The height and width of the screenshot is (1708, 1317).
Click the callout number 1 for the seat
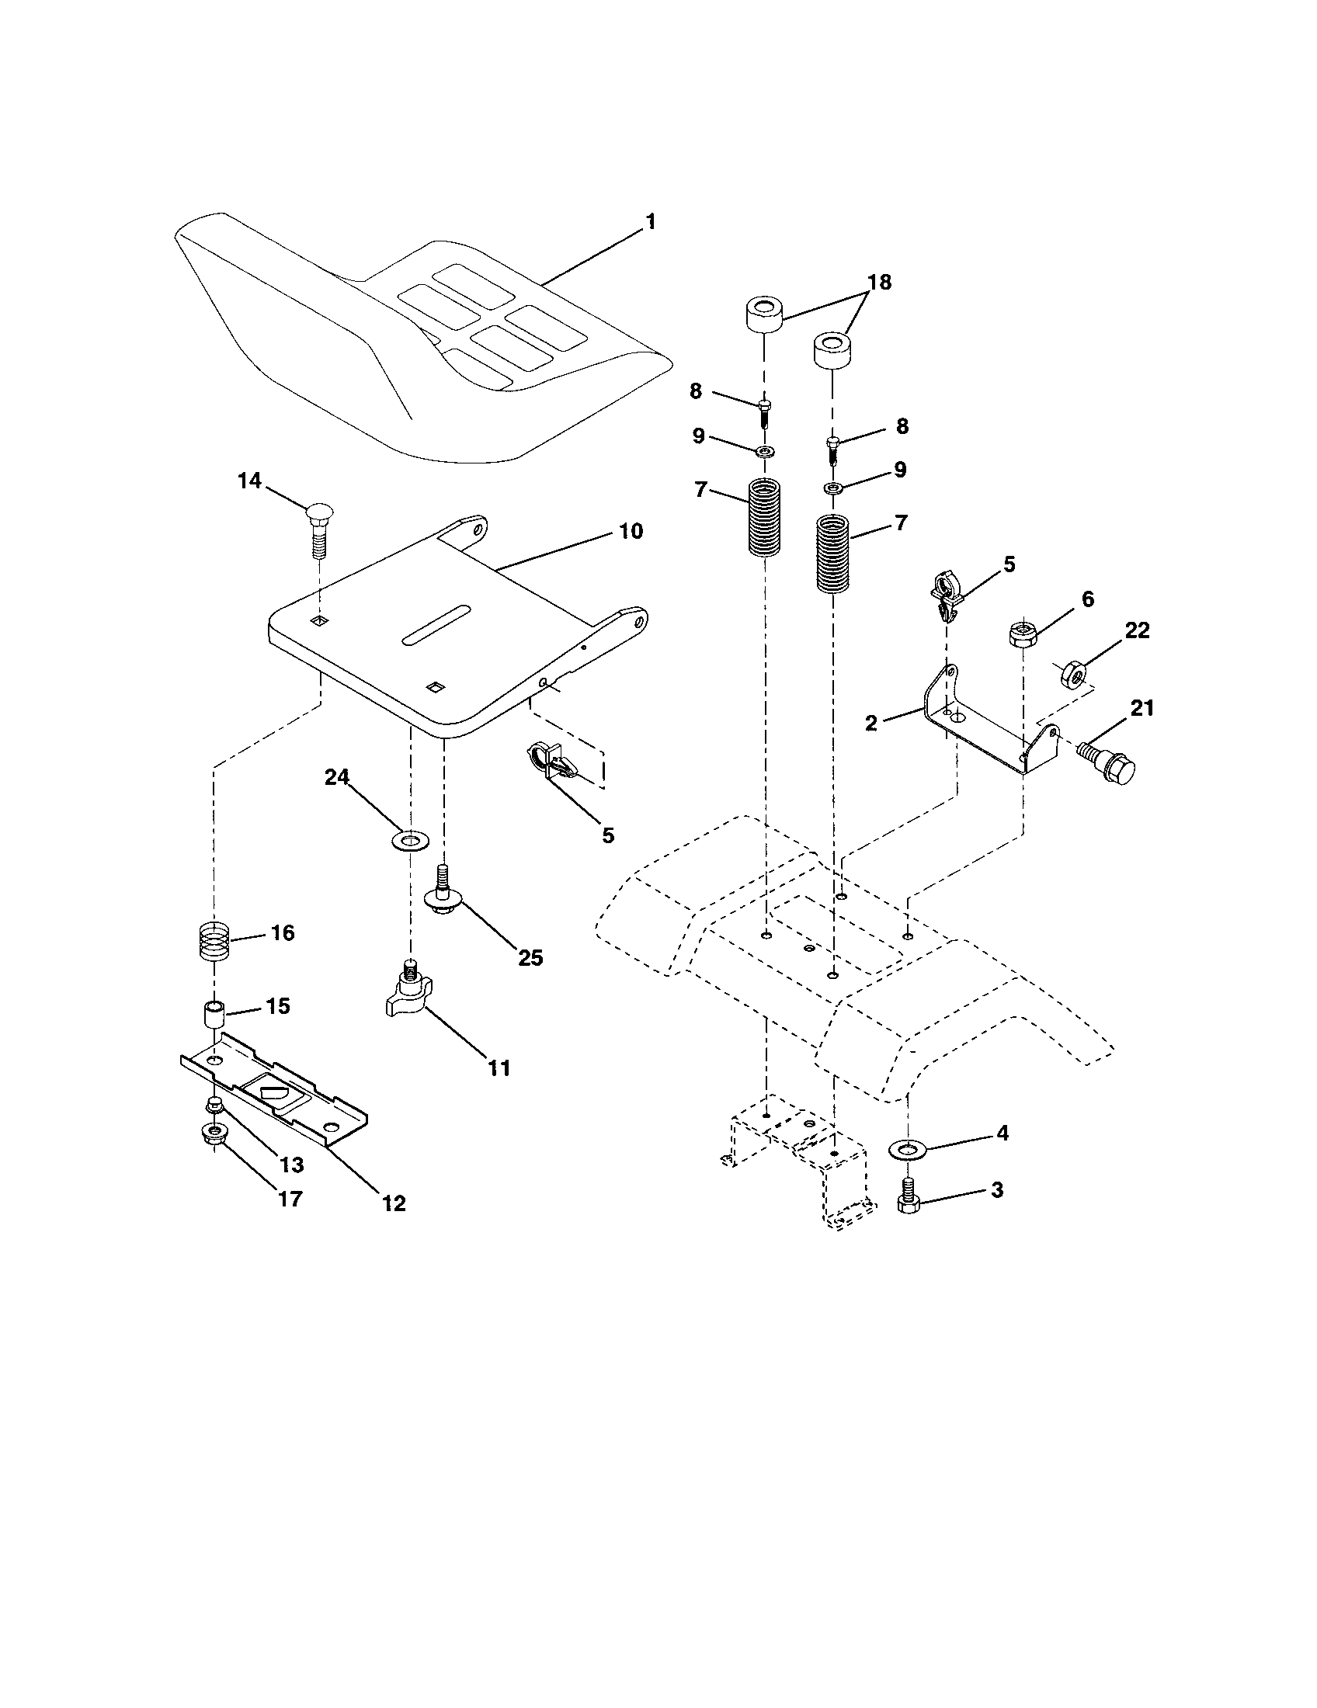click(x=650, y=222)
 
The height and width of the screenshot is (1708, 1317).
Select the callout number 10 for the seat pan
click(x=631, y=532)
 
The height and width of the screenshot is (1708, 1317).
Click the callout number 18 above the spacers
click(x=879, y=283)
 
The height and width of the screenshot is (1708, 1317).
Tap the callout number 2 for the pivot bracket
click(x=871, y=723)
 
